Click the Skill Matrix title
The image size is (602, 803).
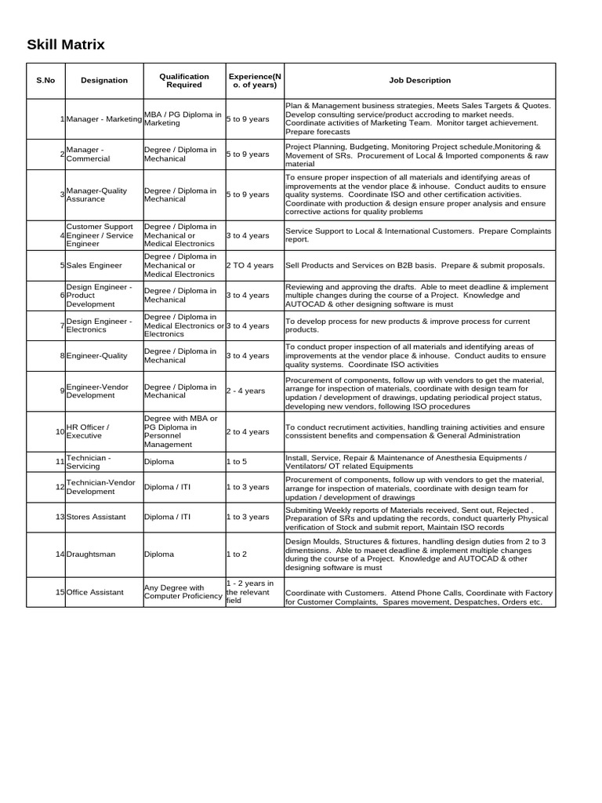65,45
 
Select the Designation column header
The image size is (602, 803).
104,80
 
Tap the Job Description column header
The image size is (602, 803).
420,80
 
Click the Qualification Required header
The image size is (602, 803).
184,80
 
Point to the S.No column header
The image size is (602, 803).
45,80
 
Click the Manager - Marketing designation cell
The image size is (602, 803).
104,118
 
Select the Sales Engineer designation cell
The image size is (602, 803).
94,266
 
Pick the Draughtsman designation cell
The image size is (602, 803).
91,554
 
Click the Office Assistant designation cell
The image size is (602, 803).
95,592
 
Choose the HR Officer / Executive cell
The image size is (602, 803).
87,431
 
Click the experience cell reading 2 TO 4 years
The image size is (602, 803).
249,266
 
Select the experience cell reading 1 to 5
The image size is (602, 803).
237,462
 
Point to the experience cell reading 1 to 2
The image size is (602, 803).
237,554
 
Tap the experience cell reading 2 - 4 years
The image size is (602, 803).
246,391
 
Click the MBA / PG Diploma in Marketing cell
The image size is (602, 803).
183,118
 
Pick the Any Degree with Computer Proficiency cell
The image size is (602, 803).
183,592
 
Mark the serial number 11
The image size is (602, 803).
60,462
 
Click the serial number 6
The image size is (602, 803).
62,296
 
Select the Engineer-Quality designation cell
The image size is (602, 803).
96,356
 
